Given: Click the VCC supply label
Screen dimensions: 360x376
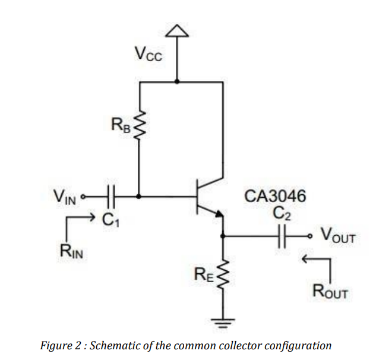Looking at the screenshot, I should click(x=147, y=55).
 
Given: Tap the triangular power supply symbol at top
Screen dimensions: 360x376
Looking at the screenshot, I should click(x=176, y=31).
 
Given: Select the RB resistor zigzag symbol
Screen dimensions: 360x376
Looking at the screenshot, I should click(x=140, y=125).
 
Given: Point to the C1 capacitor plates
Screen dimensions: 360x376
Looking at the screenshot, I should click(x=111, y=194).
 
